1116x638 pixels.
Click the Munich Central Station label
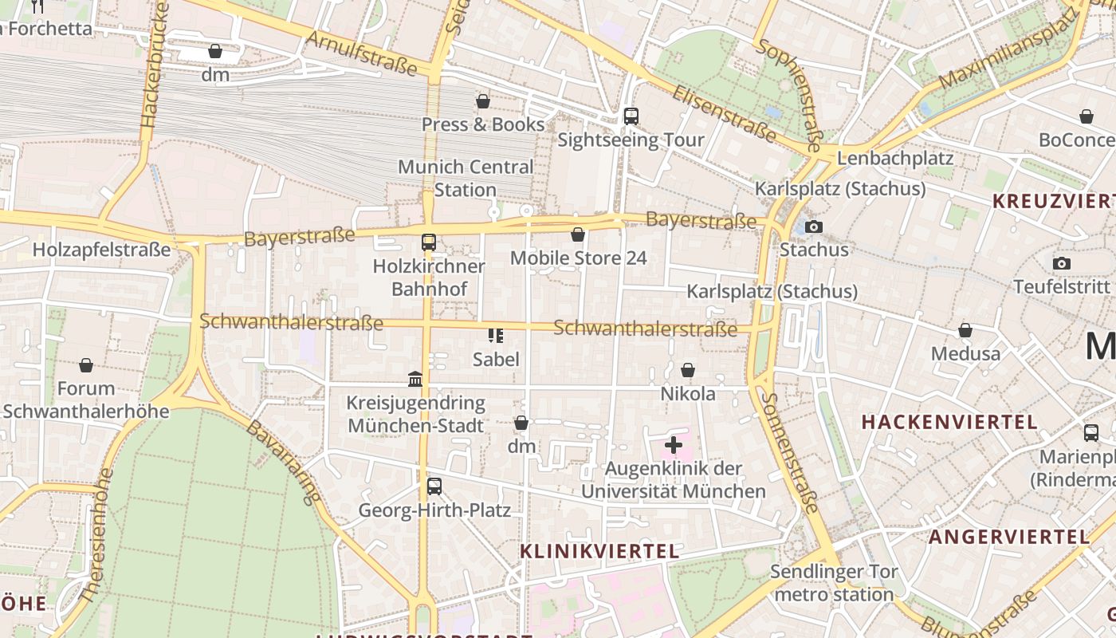466,179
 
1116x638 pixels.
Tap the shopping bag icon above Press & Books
482,101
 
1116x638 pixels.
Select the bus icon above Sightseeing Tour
631,116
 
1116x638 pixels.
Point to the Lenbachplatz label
894,158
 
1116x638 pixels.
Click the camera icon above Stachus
814,227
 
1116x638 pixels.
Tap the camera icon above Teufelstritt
1061,263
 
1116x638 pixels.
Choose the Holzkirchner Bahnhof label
429,277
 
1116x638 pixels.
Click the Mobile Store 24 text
578,258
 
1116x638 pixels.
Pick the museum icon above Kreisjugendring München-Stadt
415,379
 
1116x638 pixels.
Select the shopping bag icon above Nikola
688,370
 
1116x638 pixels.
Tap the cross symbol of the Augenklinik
674,444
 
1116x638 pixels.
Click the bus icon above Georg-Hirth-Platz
434,486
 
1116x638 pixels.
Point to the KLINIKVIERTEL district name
599,551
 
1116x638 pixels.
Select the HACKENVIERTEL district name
949,422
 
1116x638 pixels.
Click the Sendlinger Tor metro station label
834,583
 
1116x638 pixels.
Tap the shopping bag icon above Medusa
965,330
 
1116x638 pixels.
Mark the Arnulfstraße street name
362,53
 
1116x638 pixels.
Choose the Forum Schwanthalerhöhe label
86,400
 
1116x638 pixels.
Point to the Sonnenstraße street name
789,452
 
